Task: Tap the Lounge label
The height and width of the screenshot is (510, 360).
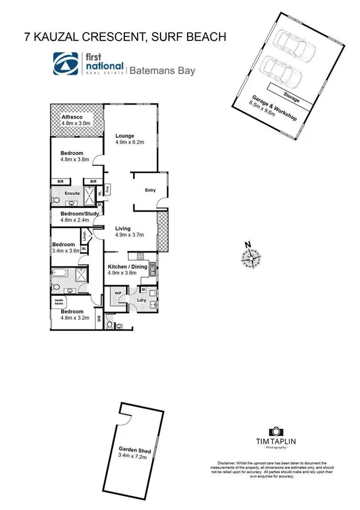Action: [x=125, y=135]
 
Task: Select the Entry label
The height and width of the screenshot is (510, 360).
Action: [x=150, y=191]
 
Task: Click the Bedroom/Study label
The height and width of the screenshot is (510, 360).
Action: [x=75, y=214]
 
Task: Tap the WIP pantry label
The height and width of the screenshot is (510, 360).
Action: [x=117, y=293]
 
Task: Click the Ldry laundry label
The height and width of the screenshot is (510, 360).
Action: [x=142, y=300]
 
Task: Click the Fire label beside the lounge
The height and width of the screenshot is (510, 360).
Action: [x=107, y=189]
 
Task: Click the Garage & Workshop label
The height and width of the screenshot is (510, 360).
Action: [x=273, y=109]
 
